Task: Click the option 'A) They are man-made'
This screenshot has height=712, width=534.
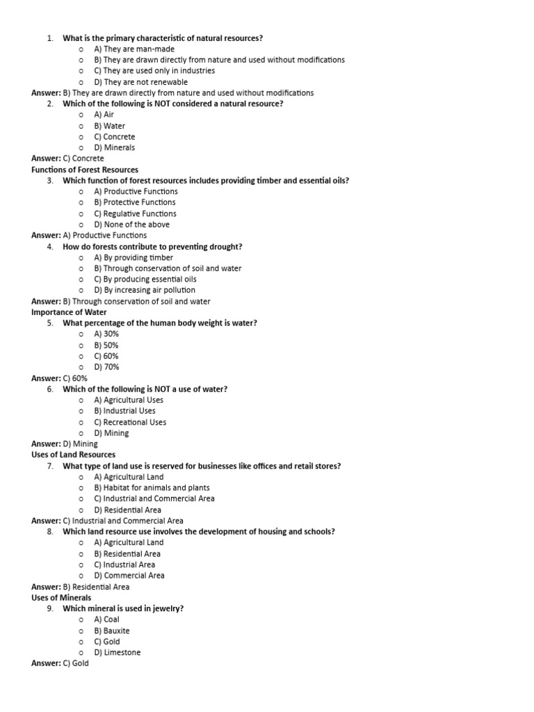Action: [134, 49]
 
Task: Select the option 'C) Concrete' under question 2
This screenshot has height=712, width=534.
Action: [115, 137]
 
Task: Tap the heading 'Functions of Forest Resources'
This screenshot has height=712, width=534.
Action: [85, 170]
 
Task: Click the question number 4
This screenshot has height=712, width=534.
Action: [50, 247]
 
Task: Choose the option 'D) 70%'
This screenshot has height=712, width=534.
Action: [106, 367]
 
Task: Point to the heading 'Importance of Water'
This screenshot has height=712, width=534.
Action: [69, 312]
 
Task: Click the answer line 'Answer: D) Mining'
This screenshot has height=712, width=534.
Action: [65, 444]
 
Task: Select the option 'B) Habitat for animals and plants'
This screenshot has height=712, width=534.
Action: [152, 488]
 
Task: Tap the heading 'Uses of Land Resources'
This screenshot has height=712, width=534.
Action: [73, 455]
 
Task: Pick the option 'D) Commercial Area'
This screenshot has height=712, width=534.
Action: [129, 576]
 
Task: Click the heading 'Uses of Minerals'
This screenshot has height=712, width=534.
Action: [61, 597]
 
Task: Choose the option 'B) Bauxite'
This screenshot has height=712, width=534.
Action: [112, 631]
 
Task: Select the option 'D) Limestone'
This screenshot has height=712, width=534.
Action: [118, 652]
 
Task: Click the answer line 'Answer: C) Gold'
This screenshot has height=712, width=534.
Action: [60, 663]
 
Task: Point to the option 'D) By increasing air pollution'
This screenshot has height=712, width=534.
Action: [145, 290]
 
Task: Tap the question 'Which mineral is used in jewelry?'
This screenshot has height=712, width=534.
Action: [123, 608]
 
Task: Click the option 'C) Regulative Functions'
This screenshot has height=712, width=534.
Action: [135, 213]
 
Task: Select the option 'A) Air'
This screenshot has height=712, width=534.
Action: [104, 115]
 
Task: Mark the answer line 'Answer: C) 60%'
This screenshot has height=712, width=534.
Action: [59, 378]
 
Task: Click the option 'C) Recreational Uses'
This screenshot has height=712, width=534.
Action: [130, 422]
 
